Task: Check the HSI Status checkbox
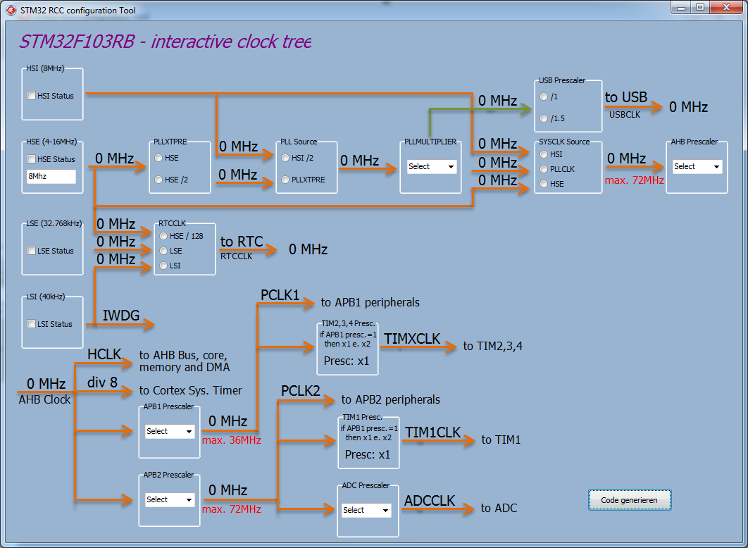[32, 96]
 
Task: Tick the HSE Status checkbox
[32, 159]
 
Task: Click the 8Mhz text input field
[51, 177]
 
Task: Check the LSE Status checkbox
[32, 251]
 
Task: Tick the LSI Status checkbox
[32, 324]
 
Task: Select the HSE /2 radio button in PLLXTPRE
[158, 180]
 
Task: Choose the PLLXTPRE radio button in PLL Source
[285, 180]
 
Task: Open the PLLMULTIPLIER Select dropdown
[431, 167]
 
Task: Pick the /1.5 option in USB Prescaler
[544, 118]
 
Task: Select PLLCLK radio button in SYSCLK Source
[544, 169]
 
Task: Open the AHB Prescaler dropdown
[697, 167]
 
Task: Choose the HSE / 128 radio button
[164, 236]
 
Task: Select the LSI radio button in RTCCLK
[164, 266]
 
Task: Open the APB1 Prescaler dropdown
[169, 431]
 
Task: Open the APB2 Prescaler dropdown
[169, 499]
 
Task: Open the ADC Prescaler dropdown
[366, 510]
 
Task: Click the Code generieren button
[630, 500]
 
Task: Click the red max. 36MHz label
[232, 440]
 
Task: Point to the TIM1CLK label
[432, 432]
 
